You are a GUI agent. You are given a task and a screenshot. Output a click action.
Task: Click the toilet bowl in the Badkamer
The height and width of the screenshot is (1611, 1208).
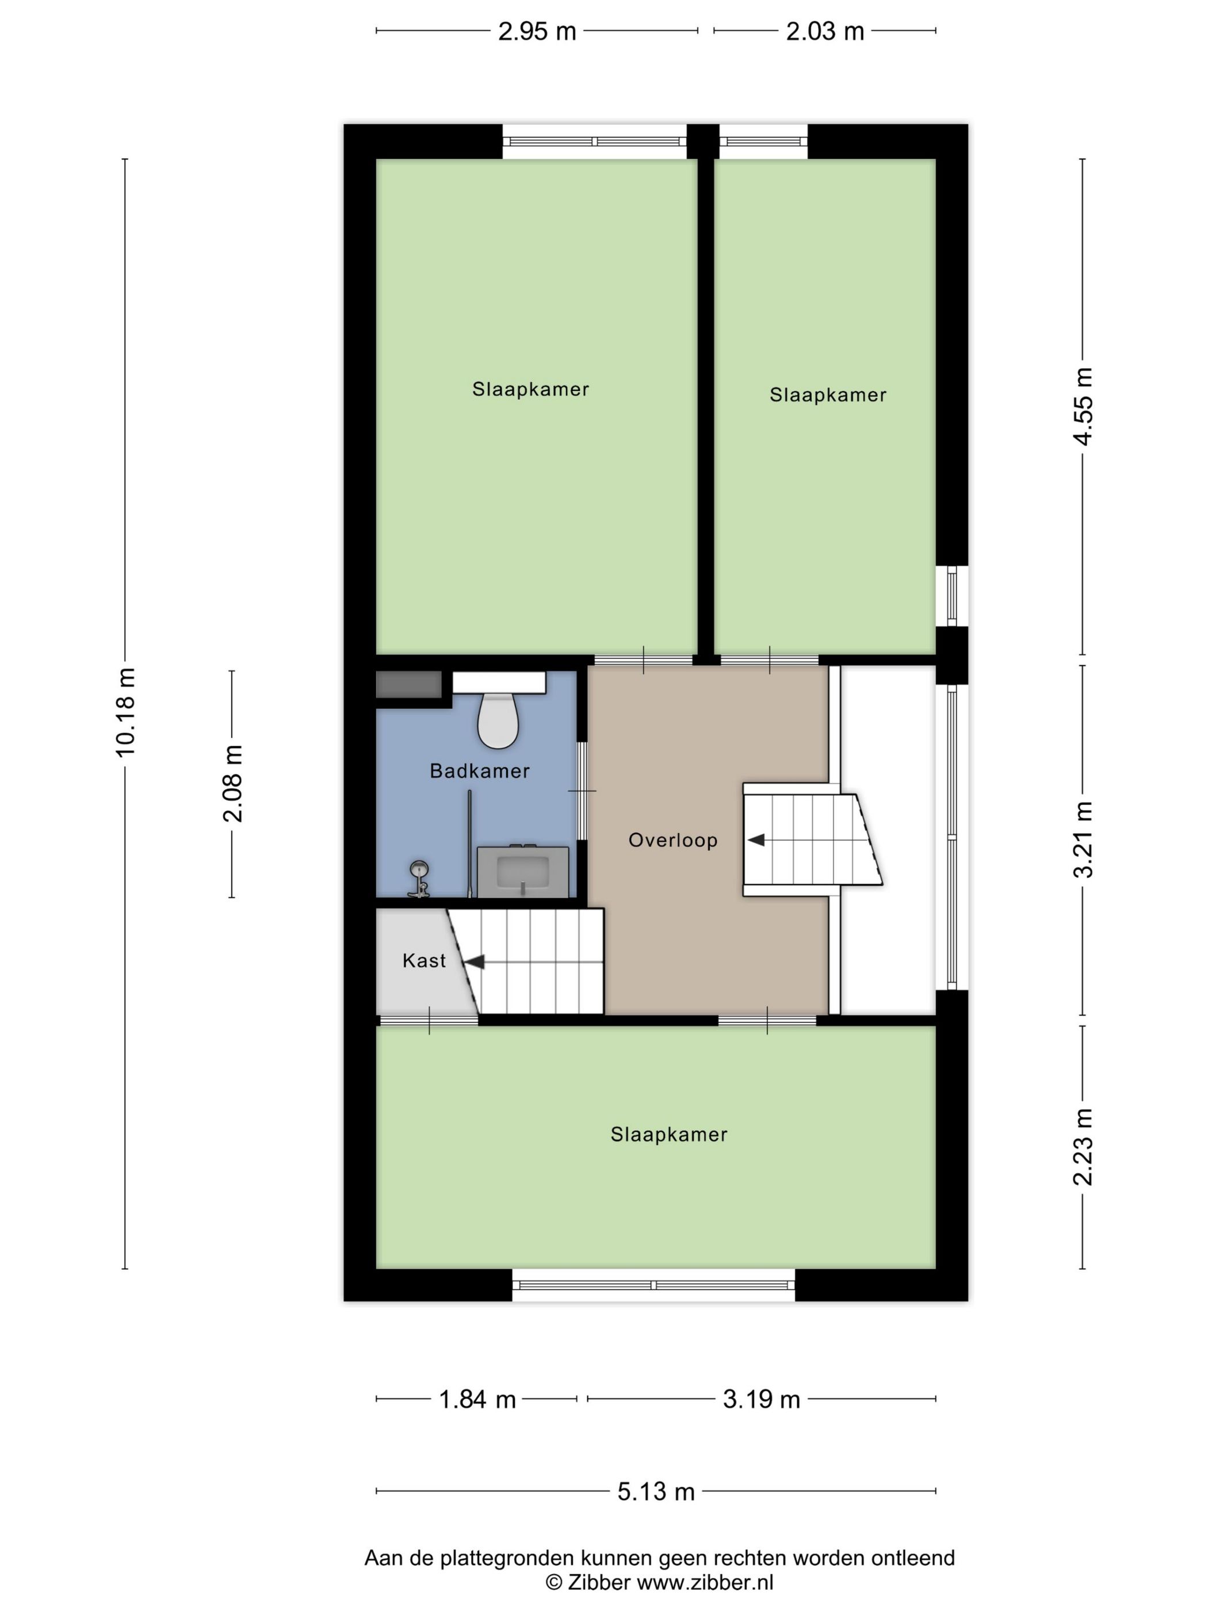(x=498, y=720)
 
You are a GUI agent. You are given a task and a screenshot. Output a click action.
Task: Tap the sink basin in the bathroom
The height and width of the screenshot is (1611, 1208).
(x=522, y=871)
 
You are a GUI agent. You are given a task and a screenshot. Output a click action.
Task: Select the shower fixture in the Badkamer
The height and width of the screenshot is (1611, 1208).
(x=418, y=879)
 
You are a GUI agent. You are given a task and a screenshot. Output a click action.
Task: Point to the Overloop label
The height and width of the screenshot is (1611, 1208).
(x=673, y=841)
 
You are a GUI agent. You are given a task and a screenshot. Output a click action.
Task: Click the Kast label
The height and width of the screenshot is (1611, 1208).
(x=424, y=961)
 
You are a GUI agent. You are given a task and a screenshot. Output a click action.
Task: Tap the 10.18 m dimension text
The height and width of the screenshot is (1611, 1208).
(x=125, y=712)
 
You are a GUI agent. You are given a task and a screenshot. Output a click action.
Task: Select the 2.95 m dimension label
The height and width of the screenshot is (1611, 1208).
(x=537, y=31)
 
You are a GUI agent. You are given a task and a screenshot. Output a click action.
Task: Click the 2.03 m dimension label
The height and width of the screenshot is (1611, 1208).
(x=825, y=31)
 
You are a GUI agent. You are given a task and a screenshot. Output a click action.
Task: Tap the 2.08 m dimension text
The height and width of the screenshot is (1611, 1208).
(x=232, y=784)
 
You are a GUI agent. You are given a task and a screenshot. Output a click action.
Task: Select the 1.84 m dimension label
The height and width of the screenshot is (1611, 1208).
(x=477, y=1399)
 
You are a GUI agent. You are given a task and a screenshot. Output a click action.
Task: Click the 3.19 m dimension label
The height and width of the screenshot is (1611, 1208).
(x=761, y=1399)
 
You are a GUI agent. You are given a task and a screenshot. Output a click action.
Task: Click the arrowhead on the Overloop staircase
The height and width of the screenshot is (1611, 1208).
(x=756, y=839)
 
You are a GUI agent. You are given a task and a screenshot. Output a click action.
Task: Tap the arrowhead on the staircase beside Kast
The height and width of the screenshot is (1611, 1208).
(x=475, y=962)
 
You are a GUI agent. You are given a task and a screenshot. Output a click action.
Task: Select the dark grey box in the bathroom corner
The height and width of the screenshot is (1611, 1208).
(x=408, y=685)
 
